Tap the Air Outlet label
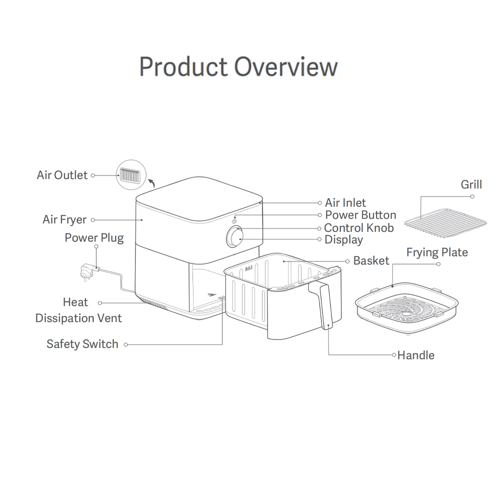(x=62, y=175)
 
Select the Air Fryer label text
(x=64, y=219)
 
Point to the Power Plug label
(x=94, y=237)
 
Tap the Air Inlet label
(x=345, y=202)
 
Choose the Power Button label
(x=360, y=215)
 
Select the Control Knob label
(x=358, y=228)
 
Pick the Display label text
(x=343, y=240)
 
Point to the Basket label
(x=371, y=260)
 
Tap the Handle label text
(x=415, y=355)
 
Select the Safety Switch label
(x=82, y=344)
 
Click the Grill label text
(x=471, y=184)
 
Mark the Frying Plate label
(x=437, y=252)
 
